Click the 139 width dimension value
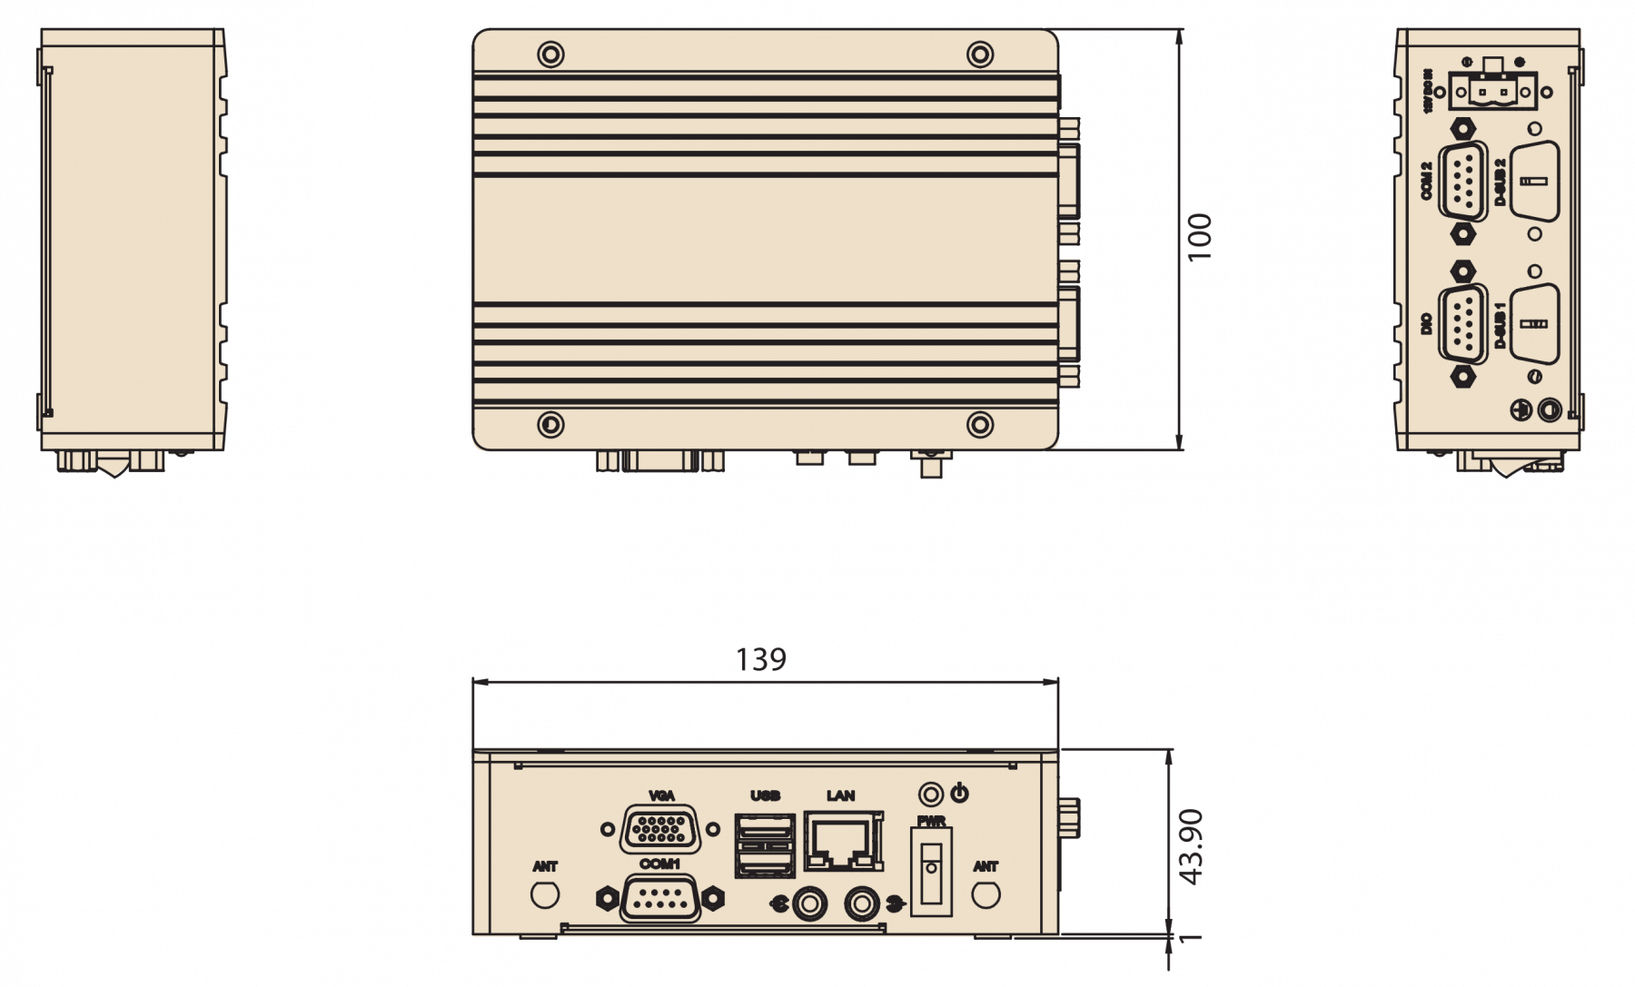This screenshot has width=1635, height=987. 760,659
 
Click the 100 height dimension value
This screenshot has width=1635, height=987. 1200,237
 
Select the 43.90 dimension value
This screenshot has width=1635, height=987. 1191,846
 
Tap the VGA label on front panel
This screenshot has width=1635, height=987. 661,795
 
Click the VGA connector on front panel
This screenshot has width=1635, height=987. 660,828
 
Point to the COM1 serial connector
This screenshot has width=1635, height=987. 660,899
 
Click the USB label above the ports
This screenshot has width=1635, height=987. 765,795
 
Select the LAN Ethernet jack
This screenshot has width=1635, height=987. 843,844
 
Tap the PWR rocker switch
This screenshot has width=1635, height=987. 931,871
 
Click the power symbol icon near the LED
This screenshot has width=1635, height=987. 959,794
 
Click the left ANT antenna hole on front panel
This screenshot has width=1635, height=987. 545,894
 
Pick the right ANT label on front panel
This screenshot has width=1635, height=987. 986,866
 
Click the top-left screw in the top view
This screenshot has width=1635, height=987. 550,54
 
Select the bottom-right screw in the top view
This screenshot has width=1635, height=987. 979,424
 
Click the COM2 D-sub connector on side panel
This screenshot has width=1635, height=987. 1462,181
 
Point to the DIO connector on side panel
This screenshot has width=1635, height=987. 1462,324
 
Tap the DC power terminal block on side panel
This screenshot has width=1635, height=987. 1492,90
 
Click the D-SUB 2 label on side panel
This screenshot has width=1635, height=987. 1500,182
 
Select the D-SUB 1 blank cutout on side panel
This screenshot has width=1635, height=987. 1534,324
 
